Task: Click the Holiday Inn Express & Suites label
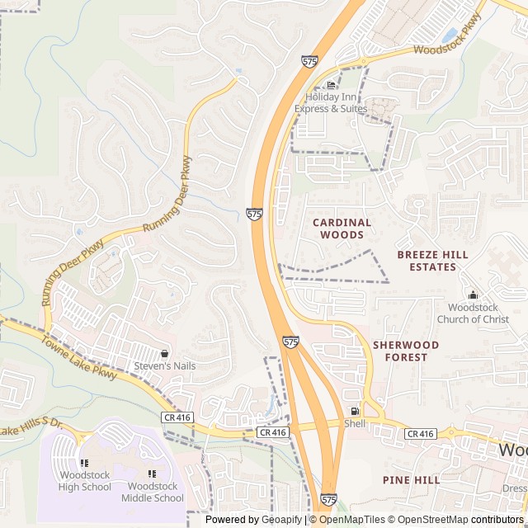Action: pos(336,103)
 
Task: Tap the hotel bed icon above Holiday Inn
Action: pos(332,85)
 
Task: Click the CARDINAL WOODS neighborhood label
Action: pos(342,229)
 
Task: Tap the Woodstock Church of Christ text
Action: pos(473,313)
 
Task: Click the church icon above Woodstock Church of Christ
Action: pos(473,295)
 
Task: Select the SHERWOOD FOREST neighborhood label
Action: pos(405,351)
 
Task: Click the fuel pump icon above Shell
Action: pos(355,411)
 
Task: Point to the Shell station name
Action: pos(355,423)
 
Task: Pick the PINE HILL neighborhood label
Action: pos(411,479)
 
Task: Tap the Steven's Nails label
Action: pos(164,366)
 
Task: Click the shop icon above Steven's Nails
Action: pos(164,353)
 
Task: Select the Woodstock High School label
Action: pos(85,481)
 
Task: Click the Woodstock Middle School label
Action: pos(153,492)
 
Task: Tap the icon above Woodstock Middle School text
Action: pos(153,474)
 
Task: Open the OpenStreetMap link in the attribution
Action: pos(433,520)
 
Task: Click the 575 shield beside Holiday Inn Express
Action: pos(308,61)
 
